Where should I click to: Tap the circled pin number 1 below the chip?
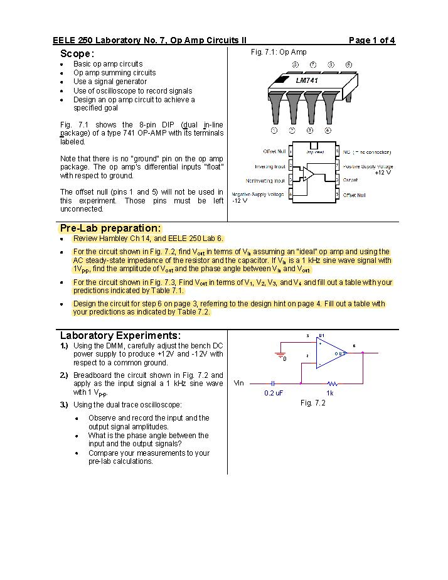(274, 131)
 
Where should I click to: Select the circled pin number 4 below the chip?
(328, 131)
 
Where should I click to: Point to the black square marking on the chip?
(282, 80)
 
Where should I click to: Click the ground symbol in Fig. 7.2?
(280, 355)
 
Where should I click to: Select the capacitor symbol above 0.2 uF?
(273, 382)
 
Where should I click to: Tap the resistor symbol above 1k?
(331, 382)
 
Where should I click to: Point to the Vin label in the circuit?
(239, 383)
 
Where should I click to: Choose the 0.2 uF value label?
(274, 393)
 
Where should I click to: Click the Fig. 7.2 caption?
(313, 402)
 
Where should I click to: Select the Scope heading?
(77, 54)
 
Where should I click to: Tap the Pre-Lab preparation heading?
(110, 228)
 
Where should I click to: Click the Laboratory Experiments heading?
(120, 335)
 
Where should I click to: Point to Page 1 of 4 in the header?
(371, 41)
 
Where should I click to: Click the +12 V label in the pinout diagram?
(383, 173)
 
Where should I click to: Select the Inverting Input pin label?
(270, 166)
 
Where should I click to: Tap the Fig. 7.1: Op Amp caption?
(279, 52)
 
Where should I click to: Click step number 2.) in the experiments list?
(64, 375)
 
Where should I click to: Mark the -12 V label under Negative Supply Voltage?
(240, 201)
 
